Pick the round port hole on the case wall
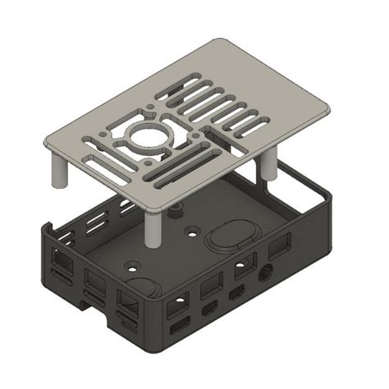pyautogui.click(x=263, y=274)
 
